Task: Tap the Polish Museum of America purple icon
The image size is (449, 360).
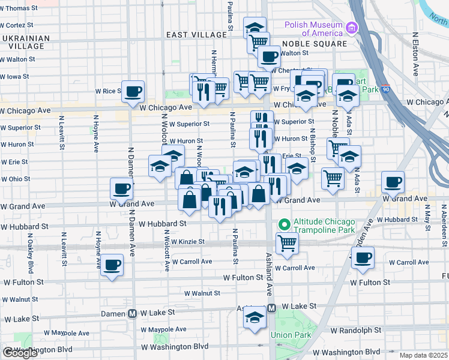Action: click(351, 28)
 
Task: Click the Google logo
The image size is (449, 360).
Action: click(20, 353)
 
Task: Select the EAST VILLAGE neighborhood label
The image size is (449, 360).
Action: click(197, 35)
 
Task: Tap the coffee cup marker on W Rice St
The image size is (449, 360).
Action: click(133, 91)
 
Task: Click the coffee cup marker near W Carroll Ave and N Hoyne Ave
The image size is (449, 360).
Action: click(112, 264)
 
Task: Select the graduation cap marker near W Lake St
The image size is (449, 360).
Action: click(255, 317)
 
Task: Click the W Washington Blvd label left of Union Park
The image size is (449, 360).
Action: click(175, 346)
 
